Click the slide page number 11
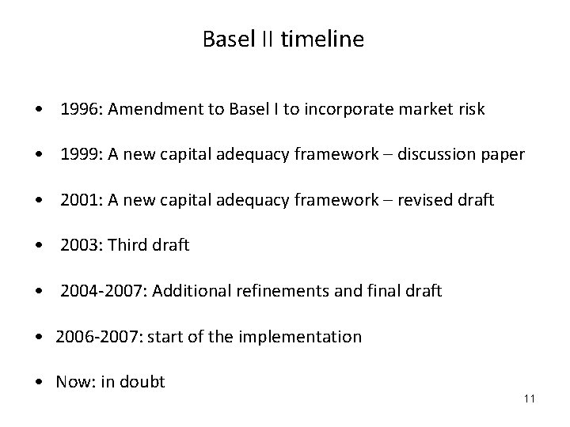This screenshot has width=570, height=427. click(x=530, y=398)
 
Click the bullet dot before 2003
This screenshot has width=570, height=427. click(x=39, y=246)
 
